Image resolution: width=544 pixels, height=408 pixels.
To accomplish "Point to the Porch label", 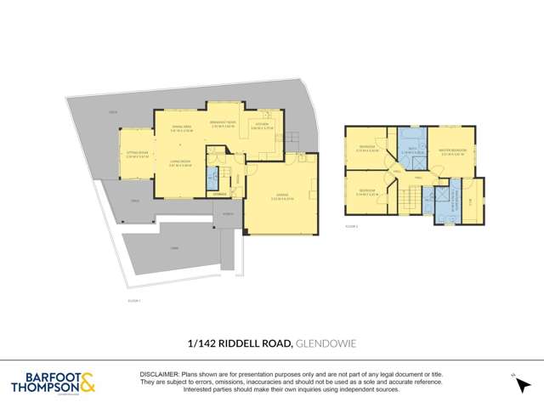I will click(x=229, y=214).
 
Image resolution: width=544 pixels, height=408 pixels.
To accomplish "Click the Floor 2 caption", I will click(x=350, y=228).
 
